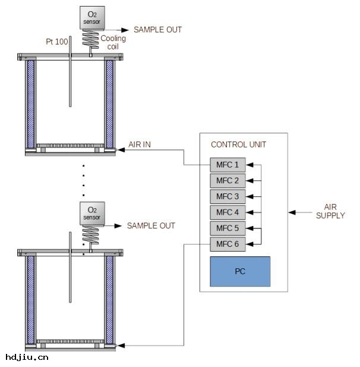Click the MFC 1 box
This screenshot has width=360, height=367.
tap(228, 165)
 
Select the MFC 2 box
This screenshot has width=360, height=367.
tap(228, 181)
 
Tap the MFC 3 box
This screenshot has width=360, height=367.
tap(228, 196)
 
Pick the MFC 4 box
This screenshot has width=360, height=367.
tap(228, 212)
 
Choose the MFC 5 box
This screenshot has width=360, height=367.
tap(228, 228)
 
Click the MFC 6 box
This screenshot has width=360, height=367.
tap(228, 244)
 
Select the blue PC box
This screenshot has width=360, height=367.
tap(240, 272)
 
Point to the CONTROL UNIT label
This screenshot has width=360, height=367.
tap(239, 145)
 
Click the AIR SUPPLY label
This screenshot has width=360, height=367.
tap(330, 211)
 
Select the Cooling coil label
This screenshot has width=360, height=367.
tap(113, 42)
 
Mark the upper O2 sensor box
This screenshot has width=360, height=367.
tap(92, 17)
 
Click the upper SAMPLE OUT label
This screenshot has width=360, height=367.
tap(157, 29)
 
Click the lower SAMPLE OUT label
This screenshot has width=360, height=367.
tap(151, 226)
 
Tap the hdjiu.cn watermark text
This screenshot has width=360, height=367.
tap(27, 357)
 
